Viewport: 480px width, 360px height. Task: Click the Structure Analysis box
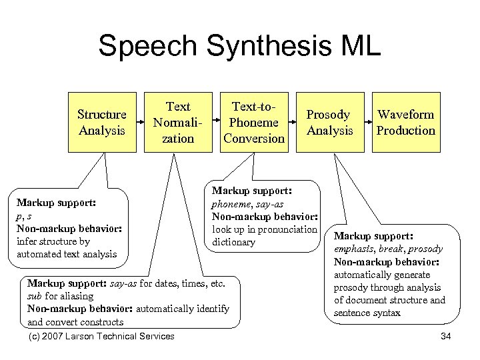[102, 123]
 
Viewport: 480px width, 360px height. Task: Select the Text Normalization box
[178, 123]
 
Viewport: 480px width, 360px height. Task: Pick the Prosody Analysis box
[329, 123]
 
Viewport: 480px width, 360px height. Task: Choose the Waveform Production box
[405, 123]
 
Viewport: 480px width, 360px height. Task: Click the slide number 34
[446, 336]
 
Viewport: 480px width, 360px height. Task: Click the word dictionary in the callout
[233, 242]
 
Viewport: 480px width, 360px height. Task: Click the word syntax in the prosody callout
[383, 313]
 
